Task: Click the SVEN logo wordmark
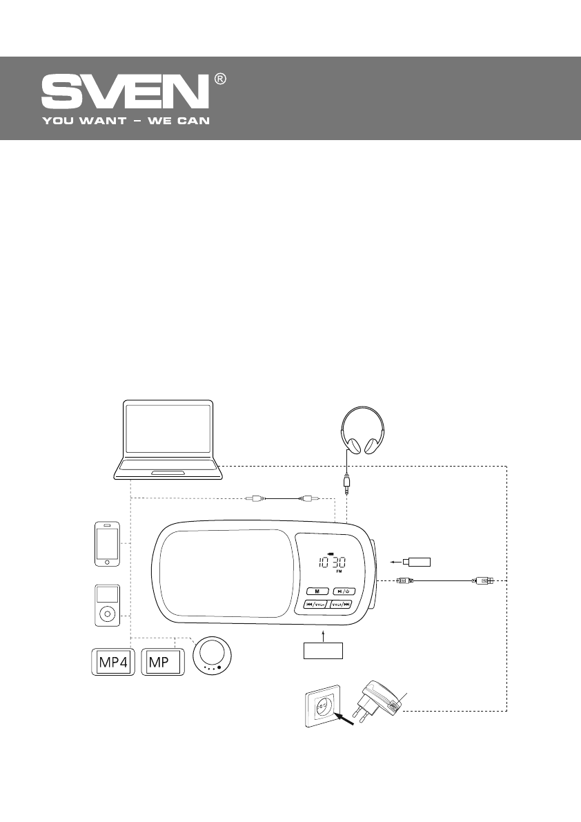pyautogui.click(x=125, y=92)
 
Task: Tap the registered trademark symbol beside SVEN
pyautogui.click(x=220, y=79)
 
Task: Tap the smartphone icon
pyautogui.click(x=107, y=544)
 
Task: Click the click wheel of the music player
pyautogui.click(x=107, y=612)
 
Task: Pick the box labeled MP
pyautogui.click(x=163, y=663)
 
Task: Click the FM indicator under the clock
pyautogui.click(x=339, y=573)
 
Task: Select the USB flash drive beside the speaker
pyautogui.click(x=417, y=560)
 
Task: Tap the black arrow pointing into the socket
pyautogui.click(x=344, y=720)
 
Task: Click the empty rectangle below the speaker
pyautogui.click(x=323, y=649)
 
